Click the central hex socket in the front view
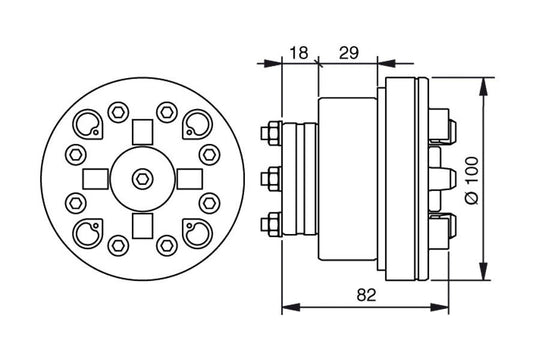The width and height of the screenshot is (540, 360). click(x=140, y=178)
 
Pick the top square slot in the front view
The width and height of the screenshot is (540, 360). click(x=140, y=131)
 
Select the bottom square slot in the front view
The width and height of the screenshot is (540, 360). click(x=140, y=224)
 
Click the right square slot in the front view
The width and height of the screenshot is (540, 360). click(x=187, y=178)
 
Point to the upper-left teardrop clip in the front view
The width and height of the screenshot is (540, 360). click(x=88, y=125)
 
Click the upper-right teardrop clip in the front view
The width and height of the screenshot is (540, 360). click(x=193, y=125)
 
